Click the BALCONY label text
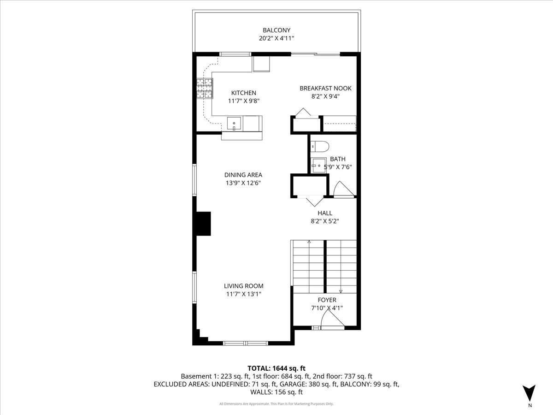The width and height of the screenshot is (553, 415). point(276,30)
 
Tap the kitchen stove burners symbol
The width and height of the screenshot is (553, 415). point(206,89)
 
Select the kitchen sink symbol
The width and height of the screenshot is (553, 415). point(234,124)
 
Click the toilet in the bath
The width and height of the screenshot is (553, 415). point(319,147)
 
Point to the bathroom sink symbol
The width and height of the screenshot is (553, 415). point(318,165)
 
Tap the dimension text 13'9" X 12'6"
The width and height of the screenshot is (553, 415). point(243,183)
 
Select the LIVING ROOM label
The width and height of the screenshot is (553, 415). point(244,286)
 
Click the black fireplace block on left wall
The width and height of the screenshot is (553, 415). point(202,224)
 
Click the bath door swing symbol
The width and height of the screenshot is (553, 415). point(341,189)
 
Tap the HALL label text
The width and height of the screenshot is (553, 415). point(324,213)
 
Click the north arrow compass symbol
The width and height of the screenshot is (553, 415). point(529,393)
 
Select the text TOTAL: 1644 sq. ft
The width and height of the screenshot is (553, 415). point(276,368)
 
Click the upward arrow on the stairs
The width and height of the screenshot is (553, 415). point(309,242)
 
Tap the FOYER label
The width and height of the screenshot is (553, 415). point(327,300)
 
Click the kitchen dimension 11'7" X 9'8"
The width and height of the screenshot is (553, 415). point(243,101)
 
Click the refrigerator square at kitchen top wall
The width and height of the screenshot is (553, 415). point(261,64)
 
